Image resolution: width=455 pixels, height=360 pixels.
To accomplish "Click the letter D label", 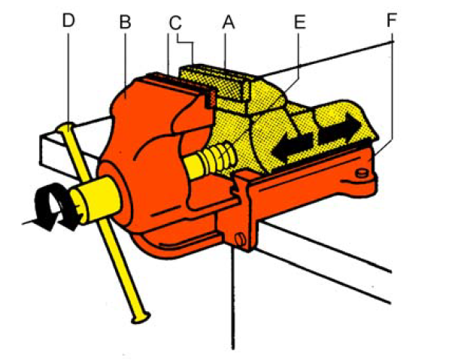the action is coord(68,20).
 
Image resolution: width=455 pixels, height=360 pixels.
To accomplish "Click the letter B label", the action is coord(126,22).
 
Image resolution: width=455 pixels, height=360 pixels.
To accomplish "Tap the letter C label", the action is coord(175,23).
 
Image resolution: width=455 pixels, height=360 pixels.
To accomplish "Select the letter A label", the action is coord(229,22).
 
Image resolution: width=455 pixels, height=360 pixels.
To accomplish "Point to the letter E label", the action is coord(300,22).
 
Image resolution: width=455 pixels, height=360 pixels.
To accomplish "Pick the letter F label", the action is coord(392,20).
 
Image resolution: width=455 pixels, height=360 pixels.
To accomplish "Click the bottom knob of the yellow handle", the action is coord(141,317).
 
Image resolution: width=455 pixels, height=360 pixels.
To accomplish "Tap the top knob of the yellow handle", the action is coord(65,127).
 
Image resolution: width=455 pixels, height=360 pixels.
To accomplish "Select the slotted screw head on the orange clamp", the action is coord(240,240).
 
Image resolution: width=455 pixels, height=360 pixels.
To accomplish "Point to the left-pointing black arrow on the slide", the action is coord(293,147).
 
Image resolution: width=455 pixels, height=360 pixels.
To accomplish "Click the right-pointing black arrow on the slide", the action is coord(340,129).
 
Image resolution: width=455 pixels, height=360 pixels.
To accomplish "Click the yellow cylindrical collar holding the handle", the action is coord(96,200).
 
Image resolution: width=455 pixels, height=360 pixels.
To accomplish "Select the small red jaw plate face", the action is coord(210,98).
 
